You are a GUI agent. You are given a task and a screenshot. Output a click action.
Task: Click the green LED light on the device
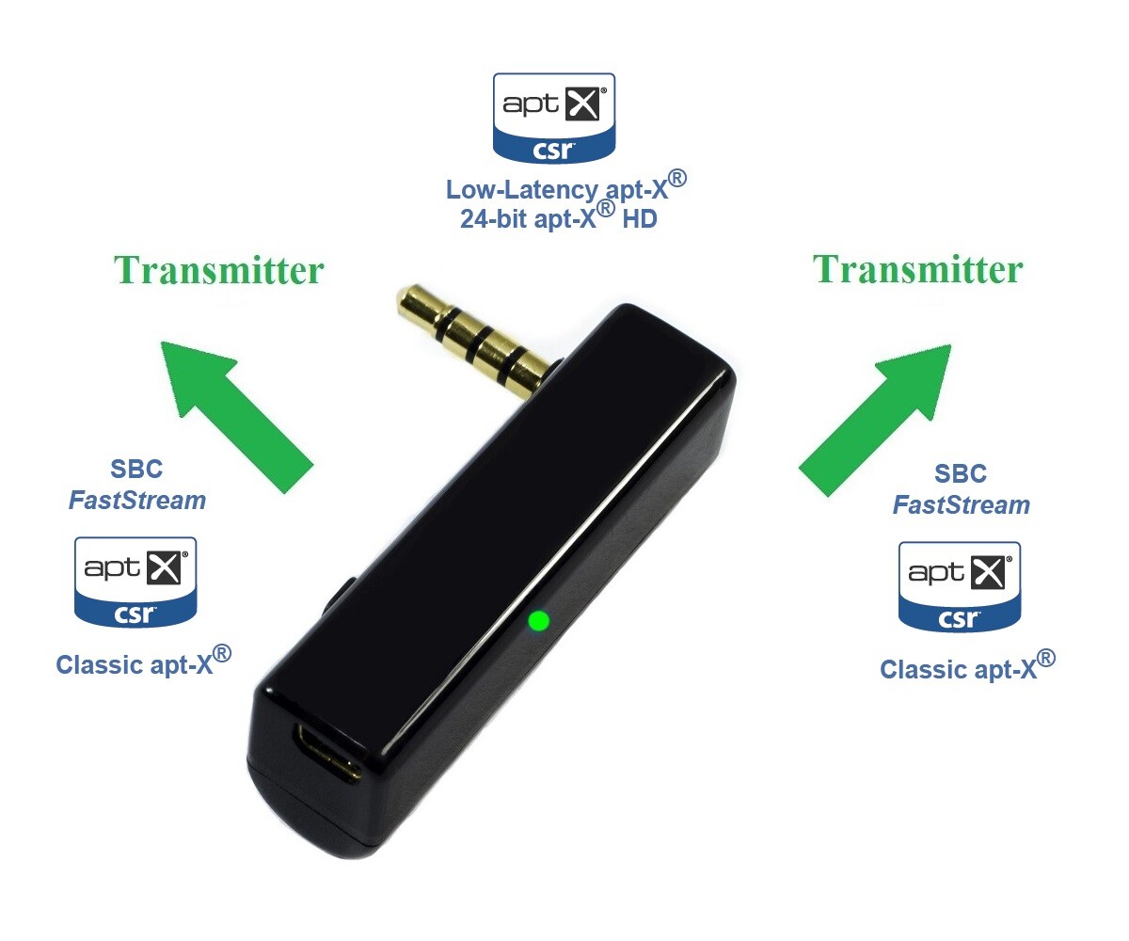[x=538, y=620]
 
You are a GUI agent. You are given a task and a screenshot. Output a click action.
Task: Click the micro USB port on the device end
[x=325, y=752]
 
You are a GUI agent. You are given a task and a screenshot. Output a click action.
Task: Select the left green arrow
[x=235, y=414]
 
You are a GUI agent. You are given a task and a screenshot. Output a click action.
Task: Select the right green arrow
[x=875, y=419]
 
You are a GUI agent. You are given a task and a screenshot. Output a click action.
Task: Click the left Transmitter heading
[x=218, y=271]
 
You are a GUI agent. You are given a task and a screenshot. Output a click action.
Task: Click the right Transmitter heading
[x=917, y=270]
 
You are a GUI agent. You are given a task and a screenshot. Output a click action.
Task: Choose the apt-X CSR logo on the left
[x=135, y=581]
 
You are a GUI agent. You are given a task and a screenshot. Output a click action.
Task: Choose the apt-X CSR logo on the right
[x=960, y=585]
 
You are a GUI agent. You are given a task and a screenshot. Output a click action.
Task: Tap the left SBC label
[x=137, y=469]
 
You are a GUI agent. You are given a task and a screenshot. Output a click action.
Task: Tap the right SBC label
[x=961, y=473]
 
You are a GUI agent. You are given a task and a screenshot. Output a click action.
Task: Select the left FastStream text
[x=137, y=500]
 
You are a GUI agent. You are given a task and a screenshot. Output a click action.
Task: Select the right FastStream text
[x=961, y=505]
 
